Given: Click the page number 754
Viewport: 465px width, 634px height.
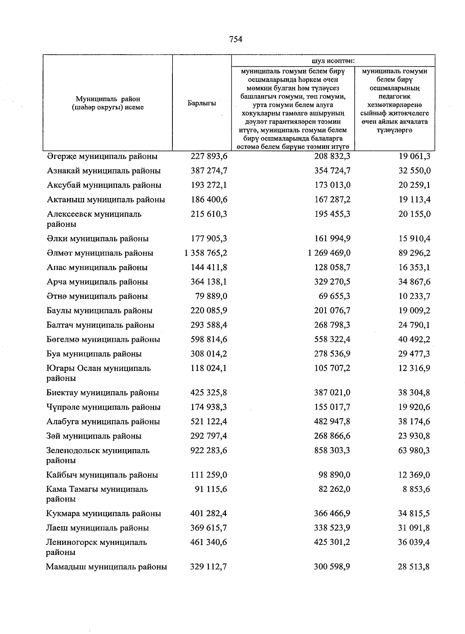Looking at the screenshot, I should (x=236, y=39).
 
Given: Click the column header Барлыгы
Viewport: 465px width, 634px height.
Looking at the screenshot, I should (x=201, y=103).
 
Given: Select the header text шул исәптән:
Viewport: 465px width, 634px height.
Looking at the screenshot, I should (x=333, y=61).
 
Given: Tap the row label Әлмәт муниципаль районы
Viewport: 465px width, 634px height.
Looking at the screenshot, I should (x=100, y=253).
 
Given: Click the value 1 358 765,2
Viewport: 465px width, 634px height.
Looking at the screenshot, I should (x=206, y=253).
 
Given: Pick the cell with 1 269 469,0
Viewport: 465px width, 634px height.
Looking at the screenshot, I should (x=329, y=253).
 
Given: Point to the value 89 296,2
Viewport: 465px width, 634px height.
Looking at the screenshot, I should (x=414, y=253).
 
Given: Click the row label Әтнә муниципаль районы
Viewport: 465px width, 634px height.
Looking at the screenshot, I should (x=97, y=296).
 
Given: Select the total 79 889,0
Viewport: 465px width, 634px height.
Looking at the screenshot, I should (x=211, y=296).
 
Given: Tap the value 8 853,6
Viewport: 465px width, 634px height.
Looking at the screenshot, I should (x=417, y=489).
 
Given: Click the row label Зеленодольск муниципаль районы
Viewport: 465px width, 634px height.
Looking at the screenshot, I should (x=98, y=455).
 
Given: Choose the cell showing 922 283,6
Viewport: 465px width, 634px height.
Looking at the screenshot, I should (x=208, y=450).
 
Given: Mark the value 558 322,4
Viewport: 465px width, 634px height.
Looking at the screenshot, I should (x=332, y=339).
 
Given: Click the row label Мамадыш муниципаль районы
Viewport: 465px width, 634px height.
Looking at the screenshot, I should (x=107, y=567).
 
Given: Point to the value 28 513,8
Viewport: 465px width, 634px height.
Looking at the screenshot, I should (x=414, y=567).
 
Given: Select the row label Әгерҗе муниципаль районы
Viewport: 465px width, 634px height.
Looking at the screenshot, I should (x=102, y=157).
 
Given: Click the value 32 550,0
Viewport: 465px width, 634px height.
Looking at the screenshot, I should (x=414, y=171).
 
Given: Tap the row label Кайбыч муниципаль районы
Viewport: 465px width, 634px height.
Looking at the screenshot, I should (x=102, y=475).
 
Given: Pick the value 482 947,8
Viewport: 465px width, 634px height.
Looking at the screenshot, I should (x=332, y=422).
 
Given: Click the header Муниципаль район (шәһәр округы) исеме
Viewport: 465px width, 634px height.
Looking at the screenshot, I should (x=108, y=103).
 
